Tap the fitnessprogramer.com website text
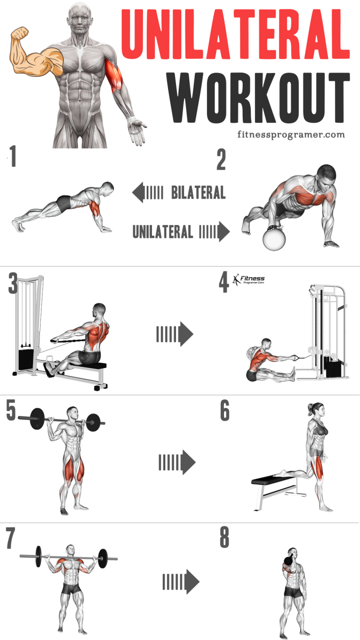(291, 134)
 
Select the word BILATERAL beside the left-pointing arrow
(198, 193)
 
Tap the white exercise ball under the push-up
(275, 238)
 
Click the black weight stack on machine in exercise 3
(25, 359)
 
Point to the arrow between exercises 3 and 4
(174, 334)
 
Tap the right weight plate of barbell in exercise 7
(103, 558)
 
